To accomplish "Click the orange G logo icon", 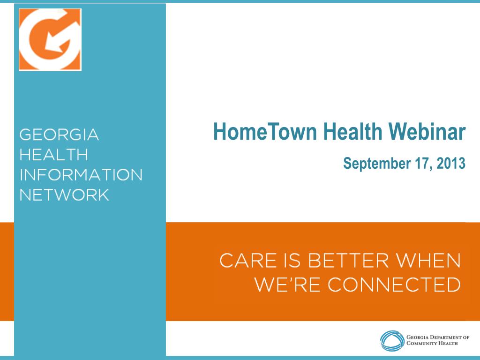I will (50, 39).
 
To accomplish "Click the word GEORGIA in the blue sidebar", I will (59, 135).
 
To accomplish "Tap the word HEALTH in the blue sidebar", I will (53, 155).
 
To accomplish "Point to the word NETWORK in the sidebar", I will (64, 194).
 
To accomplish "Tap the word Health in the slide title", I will (352, 132).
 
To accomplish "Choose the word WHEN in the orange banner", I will (430, 261).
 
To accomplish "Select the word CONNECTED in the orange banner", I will (394, 284).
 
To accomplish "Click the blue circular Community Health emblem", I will (391, 340).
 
